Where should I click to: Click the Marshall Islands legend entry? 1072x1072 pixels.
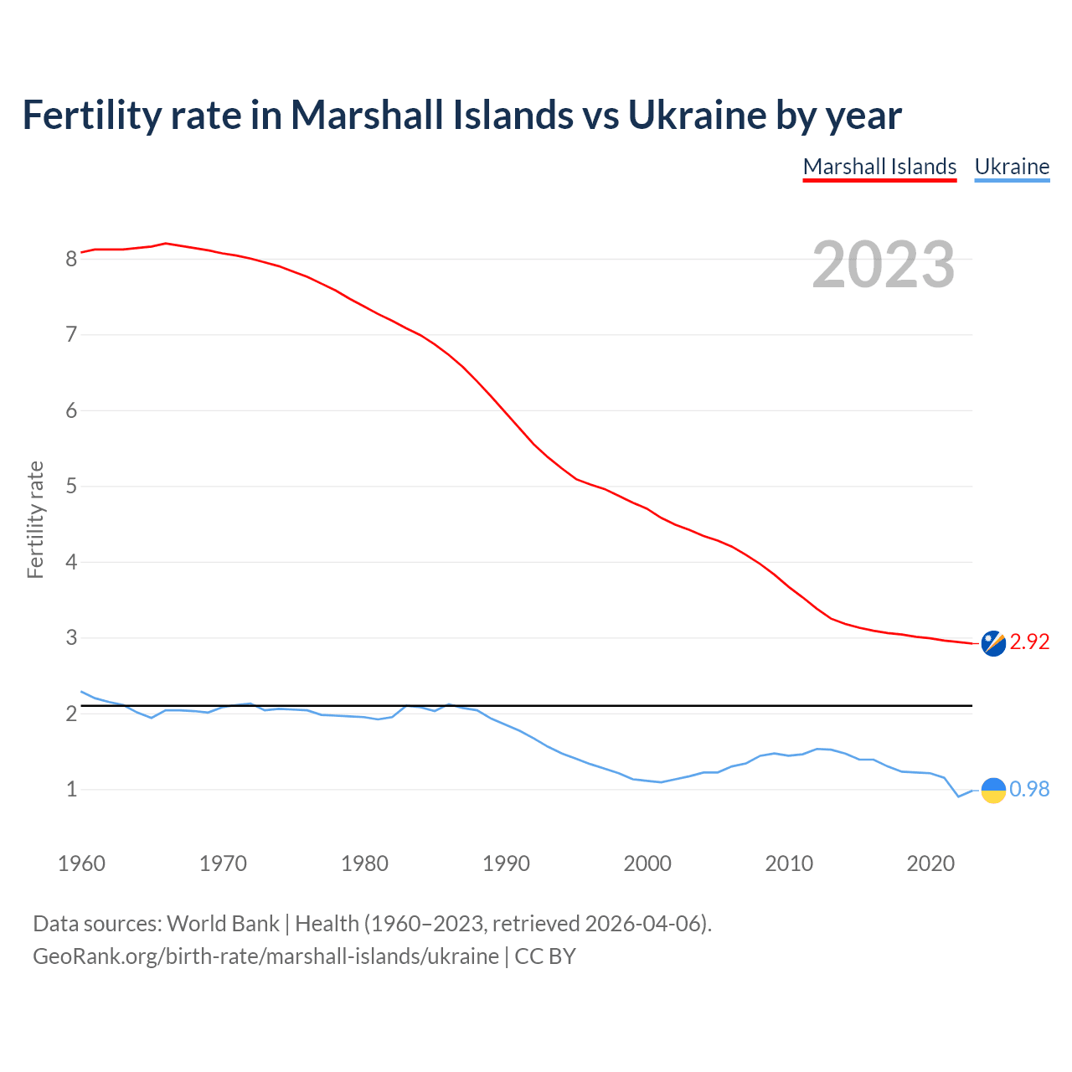[x=879, y=167]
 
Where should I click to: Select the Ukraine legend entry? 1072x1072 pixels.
[x=1012, y=167]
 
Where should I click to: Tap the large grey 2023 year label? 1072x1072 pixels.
[x=883, y=265]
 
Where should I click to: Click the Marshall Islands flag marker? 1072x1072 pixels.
[x=993, y=643]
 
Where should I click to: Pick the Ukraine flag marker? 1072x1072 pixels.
[x=993, y=790]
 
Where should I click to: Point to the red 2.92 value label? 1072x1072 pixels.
[x=1029, y=642]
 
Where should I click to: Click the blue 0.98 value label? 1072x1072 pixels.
[x=1029, y=790]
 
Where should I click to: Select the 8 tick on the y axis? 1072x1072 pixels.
[x=71, y=260]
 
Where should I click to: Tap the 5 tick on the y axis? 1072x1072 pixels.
[x=71, y=487]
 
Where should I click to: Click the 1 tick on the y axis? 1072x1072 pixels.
[x=71, y=790]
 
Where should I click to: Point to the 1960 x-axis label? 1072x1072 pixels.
[x=81, y=863]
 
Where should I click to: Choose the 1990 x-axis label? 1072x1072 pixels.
[x=506, y=863]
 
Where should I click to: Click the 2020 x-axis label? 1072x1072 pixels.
[x=930, y=863]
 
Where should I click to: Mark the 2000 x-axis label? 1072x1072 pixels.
[x=647, y=863]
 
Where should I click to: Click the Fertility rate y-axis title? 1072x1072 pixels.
[x=35, y=519]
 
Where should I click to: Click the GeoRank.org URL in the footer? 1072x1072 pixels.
[x=265, y=956]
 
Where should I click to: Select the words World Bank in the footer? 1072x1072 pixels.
[x=223, y=924]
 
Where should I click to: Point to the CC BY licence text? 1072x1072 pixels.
[x=545, y=956]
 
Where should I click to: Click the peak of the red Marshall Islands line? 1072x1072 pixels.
[x=166, y=243]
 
